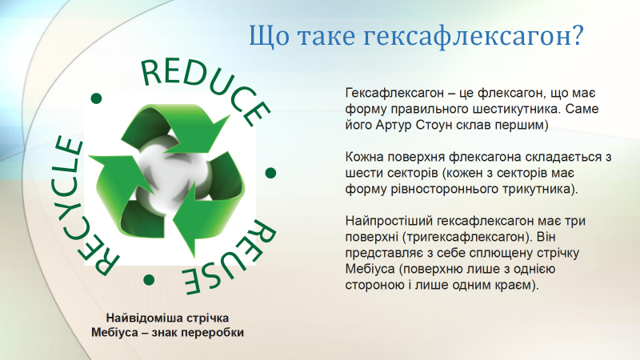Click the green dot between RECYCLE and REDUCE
pos(96,98)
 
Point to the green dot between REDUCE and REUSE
pos(270,173)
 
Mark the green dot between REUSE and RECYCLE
pos(149,280)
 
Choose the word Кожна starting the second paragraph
pos(364,157)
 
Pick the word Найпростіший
pos(389,222)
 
